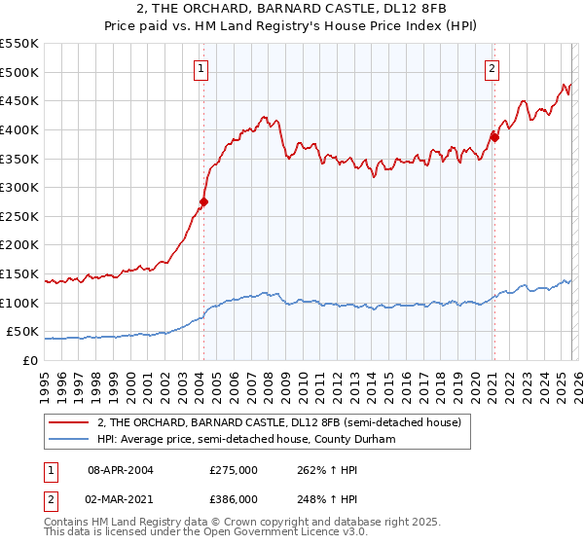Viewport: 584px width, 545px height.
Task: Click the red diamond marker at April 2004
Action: coord(203,202)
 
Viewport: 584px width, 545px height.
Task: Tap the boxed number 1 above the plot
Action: coord(201,68)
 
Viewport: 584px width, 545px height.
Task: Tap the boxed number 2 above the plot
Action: coord(493,68)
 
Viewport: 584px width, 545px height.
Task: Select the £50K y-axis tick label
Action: coord(21,332)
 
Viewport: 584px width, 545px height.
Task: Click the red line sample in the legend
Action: coord(71,422)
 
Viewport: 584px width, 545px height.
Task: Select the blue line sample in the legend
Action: coord(71,440)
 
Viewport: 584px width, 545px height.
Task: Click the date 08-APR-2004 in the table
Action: coord(121,469)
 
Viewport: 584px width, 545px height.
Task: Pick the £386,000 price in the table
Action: coord(234,497)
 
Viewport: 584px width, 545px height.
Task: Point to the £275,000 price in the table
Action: coord(234,469)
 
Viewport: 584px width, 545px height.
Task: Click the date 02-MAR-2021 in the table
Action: coord(121,497)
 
